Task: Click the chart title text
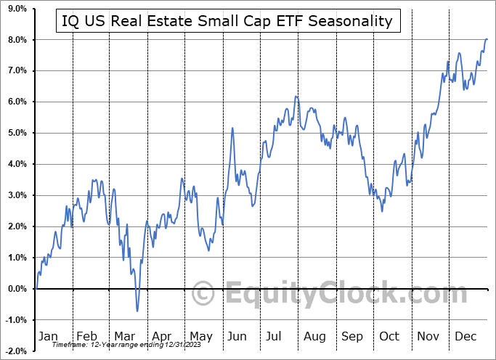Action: click(227, 21)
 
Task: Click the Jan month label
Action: click(48, 336)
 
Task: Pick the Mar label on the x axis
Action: click(123, 336)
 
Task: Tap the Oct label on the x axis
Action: click(390, 336)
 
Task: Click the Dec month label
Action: click(466, 336)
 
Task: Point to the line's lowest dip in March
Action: click(137, 311)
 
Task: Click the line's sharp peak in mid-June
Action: click(232, 128)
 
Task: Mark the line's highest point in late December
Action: click(487, 39)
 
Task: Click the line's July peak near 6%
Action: click(296, 97)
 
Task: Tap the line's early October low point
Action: click(382, 211)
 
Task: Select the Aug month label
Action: click(315, 336)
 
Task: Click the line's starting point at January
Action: click(36, 288)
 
